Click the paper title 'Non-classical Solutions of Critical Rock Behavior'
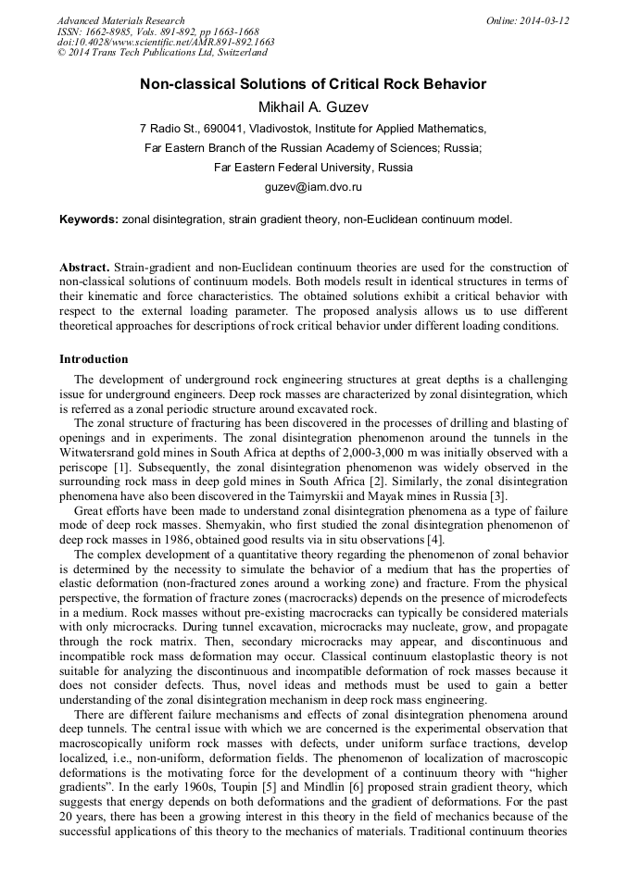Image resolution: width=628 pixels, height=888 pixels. pyautogui.click(x=313, y=84)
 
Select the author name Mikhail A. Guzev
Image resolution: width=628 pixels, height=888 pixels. pyautogui.click(x=313, y=106)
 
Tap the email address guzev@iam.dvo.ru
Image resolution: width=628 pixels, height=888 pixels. pyautogui.click(x=313, y=187)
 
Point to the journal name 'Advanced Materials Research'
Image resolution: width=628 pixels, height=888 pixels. pyautogui.click(x=120, y=20)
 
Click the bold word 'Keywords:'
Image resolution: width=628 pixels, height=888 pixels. pyautogui.click(x=89, y=219)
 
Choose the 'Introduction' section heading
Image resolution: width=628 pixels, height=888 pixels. pyautogui.click(x=94, y=358)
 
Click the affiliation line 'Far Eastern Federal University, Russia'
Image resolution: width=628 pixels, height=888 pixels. pyautogui.click(x=313, y=168)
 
